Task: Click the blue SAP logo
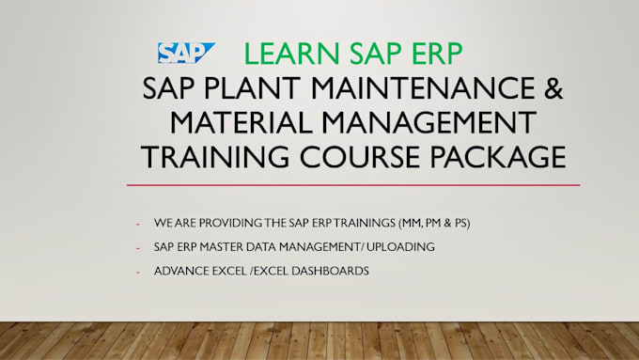point(185,54)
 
